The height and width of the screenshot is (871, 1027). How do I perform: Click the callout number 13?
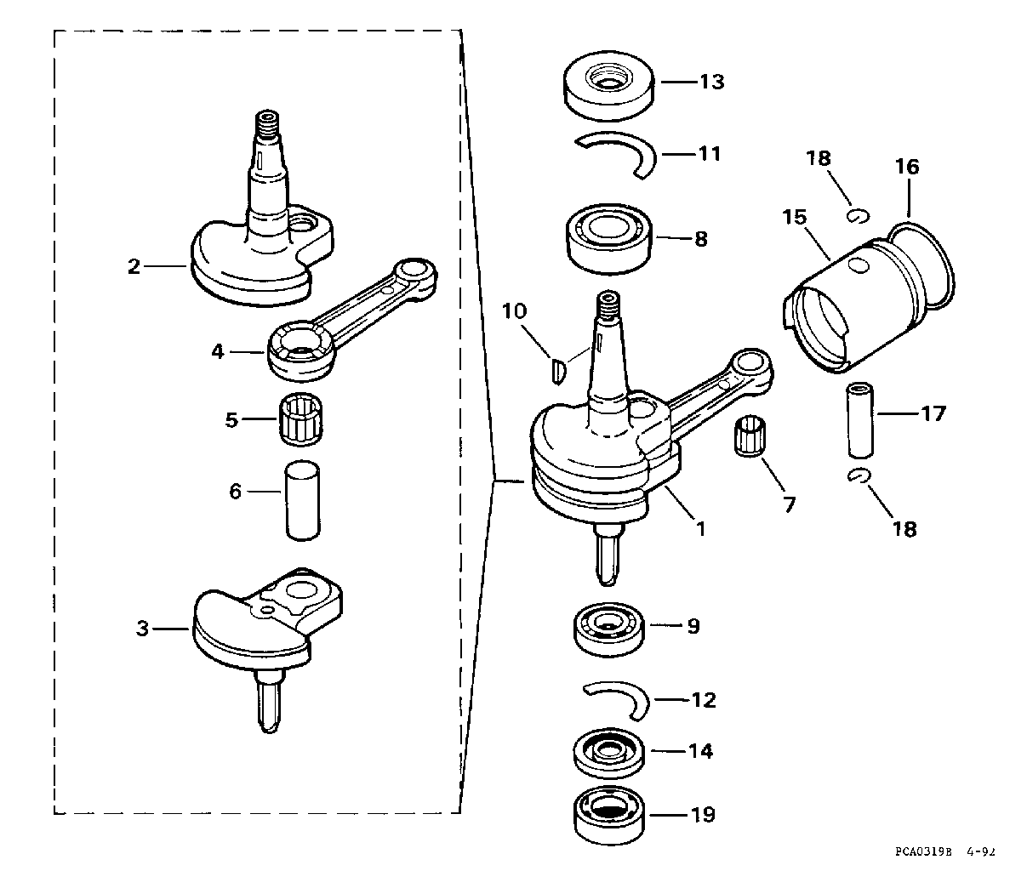[x=712, y=82]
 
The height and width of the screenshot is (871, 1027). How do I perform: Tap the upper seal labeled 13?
[x=608, y=85]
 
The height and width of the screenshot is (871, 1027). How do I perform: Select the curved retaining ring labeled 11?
[x=616, y=155]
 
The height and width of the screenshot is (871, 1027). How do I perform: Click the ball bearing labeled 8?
[x=608, y=238]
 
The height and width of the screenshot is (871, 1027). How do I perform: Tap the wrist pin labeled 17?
[x=860, y=419]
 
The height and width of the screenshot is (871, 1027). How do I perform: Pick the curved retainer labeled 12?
[x=616, y=700]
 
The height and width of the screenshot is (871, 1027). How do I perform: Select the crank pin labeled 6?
[x=303, y=500]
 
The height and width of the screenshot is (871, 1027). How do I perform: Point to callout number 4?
[x=218, y=352]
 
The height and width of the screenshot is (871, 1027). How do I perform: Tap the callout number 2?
[x=134, y=267]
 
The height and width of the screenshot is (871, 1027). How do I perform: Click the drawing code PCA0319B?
[x=923, y=852]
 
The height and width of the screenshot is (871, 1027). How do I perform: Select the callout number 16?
[x=907, y=167]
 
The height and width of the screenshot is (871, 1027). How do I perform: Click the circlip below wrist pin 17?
[x=858, y=475]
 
